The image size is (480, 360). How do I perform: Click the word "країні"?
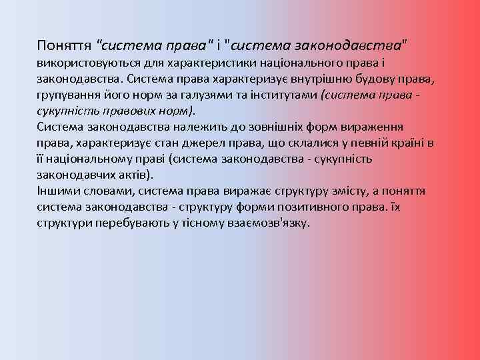[x=402, y=143]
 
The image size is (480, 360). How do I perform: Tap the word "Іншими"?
[x=55, y=191]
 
